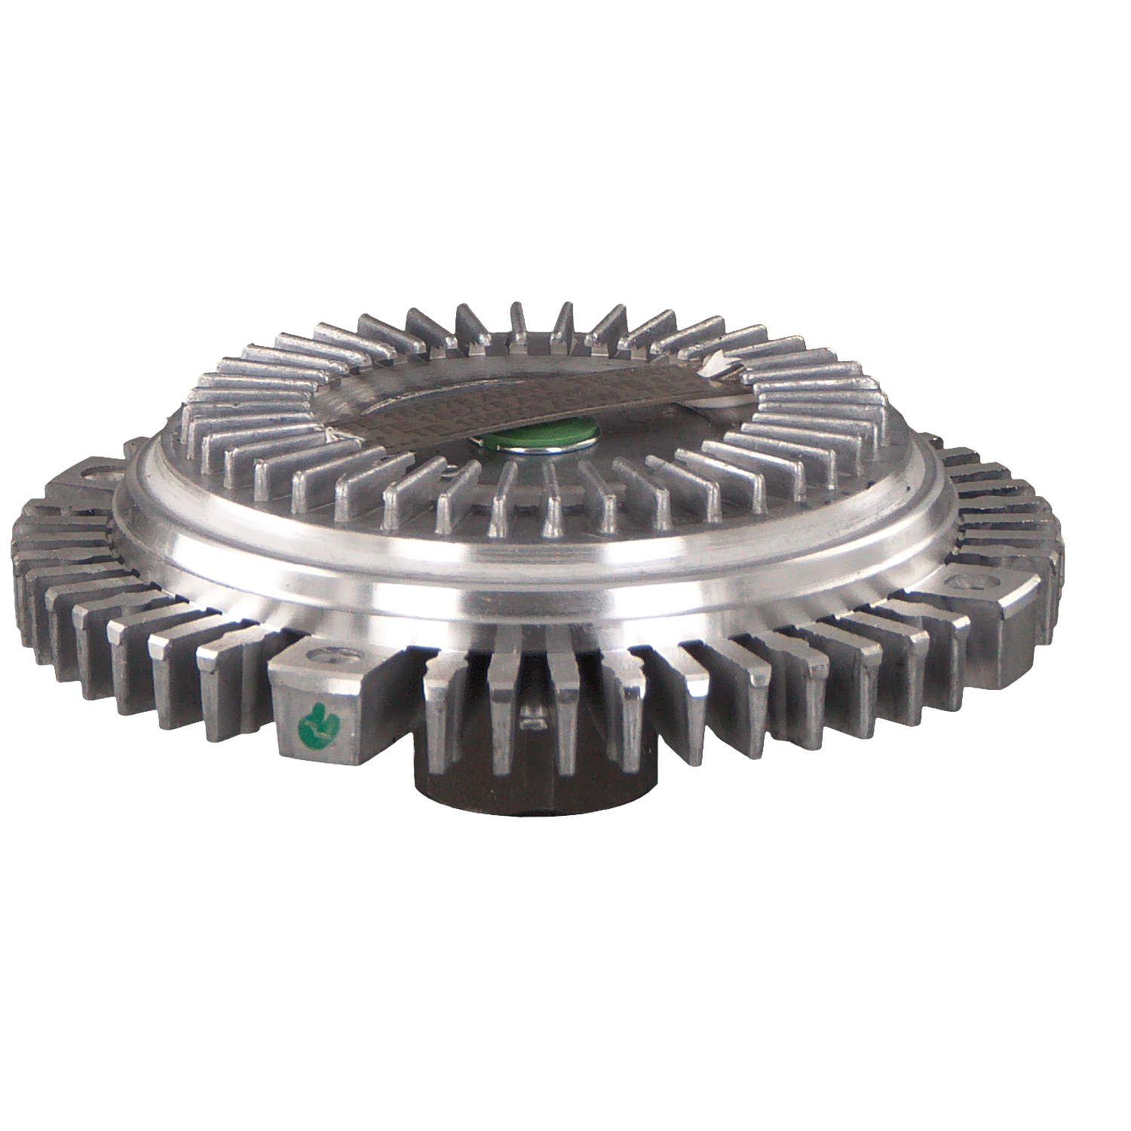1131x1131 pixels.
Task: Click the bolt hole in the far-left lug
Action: tap(99, 477)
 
